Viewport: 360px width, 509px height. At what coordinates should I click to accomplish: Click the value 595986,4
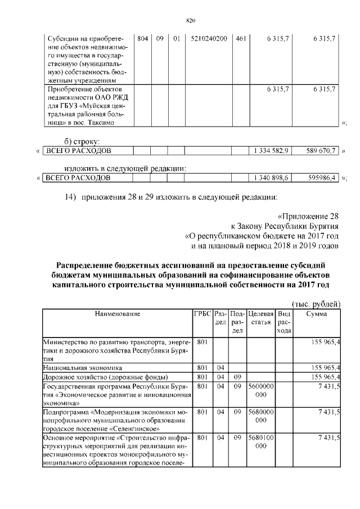(318, 178)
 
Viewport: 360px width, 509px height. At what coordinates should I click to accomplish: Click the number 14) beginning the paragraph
(70, 196)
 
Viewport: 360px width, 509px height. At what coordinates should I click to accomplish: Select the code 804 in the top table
(142, 39)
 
